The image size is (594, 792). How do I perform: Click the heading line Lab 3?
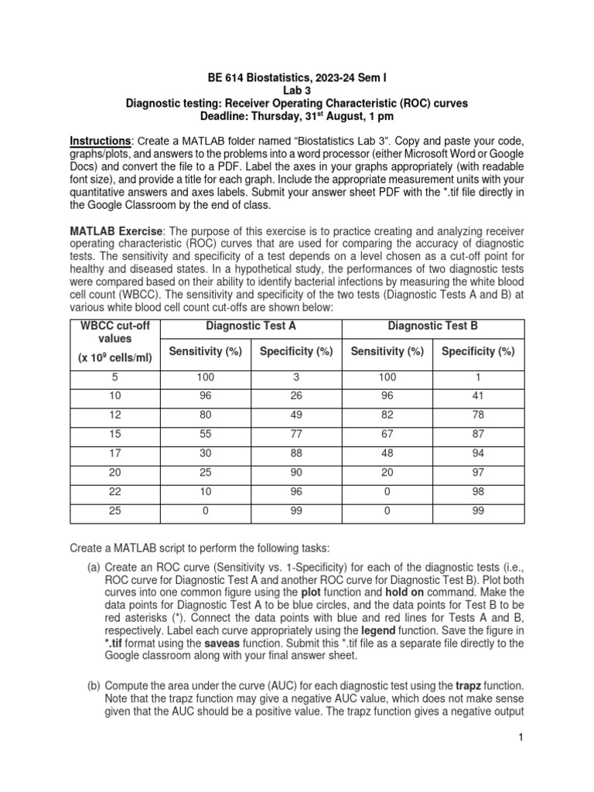click(296, 90)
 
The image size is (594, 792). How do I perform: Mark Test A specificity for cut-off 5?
click(296, 377)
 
